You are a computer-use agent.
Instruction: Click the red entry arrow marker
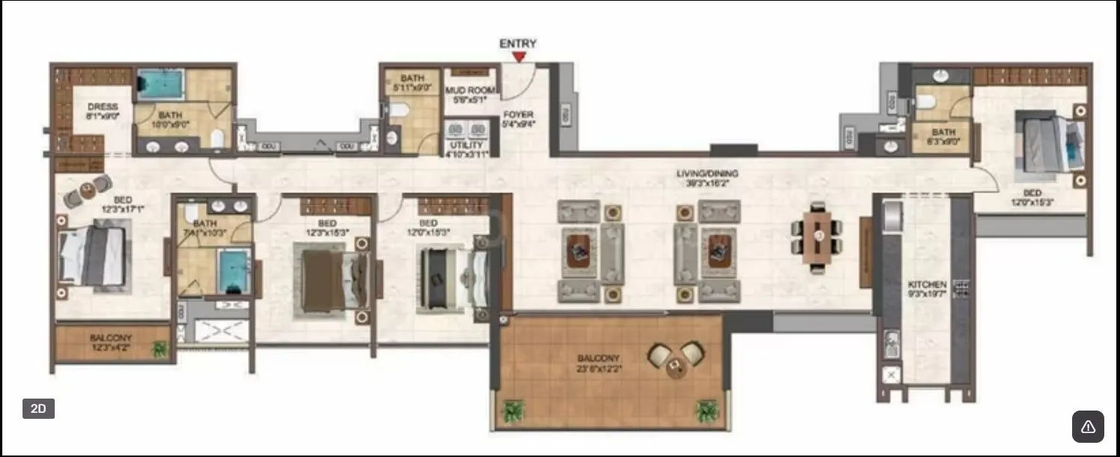[518, 56]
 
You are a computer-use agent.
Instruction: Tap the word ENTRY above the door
[518, 43]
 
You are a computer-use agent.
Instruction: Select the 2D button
[38, 408]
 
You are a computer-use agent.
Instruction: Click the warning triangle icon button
[1088, 426]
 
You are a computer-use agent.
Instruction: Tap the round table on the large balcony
[676, 365]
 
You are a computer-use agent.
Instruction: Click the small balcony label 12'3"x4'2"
[111, 343]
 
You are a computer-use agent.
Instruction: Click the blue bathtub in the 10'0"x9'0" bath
[160, 84]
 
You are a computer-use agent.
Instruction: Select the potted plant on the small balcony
[159, 348]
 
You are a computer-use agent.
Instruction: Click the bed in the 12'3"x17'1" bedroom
[93, 256]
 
